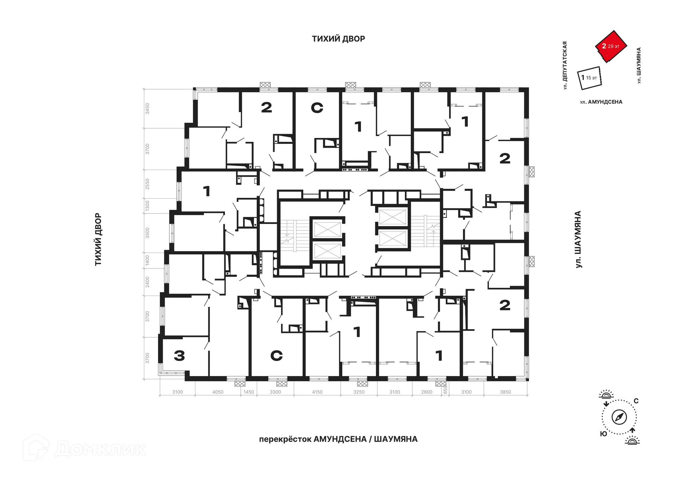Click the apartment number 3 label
[x=179, y=356]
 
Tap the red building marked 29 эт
[x=611, y=46]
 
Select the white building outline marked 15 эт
[x=589, y=78]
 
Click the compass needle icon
[x=619, y=417]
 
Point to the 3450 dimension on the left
[x=147, y=108]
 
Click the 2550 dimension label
[x=147, y=184]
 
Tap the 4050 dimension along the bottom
[x=218, y=392]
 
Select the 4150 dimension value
[x=317, y=392]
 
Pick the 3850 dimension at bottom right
[x=505, y=392]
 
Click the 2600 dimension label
[x=427, y=392]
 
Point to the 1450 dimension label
[x=249, y=392]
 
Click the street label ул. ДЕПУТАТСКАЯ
[x=565, y=65]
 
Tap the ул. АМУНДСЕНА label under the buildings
[x=601, y=102]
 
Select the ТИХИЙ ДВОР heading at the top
[x=338, y=39]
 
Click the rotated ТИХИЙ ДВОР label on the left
[x=98, y=240]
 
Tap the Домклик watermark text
[x=100, y=449]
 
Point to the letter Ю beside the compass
[x=604, y=433]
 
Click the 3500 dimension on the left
[x=147, y=233]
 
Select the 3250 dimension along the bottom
[x=359, y=392]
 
